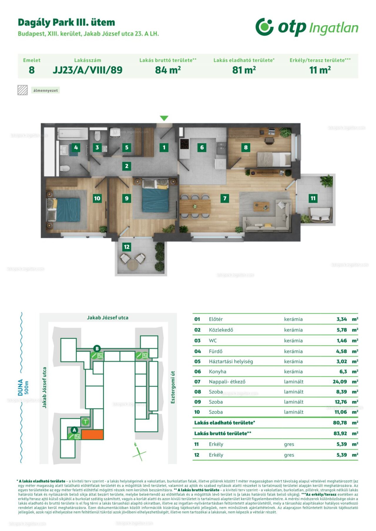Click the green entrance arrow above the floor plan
click(164, 118)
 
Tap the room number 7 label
click(225, 198)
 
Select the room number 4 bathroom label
click(76, 147)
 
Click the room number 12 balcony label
click(127, 247)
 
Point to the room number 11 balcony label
click(313, 198)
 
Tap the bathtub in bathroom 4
click(73, 133)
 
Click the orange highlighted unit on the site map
click(92, 434)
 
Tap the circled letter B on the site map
click(97, 349)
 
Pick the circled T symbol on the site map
click(85, 422)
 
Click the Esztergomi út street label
click(173, 387)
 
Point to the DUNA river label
click(20, 387)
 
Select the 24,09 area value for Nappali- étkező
click(340, 382)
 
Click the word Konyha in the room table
click(217, 371)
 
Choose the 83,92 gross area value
click(340, 433)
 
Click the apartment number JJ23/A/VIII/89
click(88, 70)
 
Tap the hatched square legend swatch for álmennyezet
click(23, 90)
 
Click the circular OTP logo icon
click(264, 27)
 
